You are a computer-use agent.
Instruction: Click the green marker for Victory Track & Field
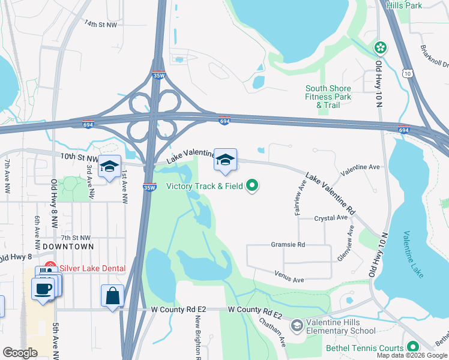(253, 186)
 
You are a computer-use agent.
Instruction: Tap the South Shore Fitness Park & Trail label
(328, 97)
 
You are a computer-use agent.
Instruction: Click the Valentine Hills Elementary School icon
(297, 326)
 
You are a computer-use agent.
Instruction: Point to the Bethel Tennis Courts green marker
(413, 347)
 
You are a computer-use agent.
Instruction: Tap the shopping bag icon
(112, 296)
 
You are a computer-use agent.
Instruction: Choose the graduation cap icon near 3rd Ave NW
(109, 167)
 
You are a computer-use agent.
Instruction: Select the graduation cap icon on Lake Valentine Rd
(225, 160)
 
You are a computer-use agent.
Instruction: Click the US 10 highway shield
(407, 73)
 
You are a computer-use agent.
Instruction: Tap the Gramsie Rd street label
(288, 245)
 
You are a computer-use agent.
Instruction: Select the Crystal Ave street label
(331, 218)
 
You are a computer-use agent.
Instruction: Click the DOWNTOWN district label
(68, 247)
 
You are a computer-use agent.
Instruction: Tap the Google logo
(20, 353)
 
